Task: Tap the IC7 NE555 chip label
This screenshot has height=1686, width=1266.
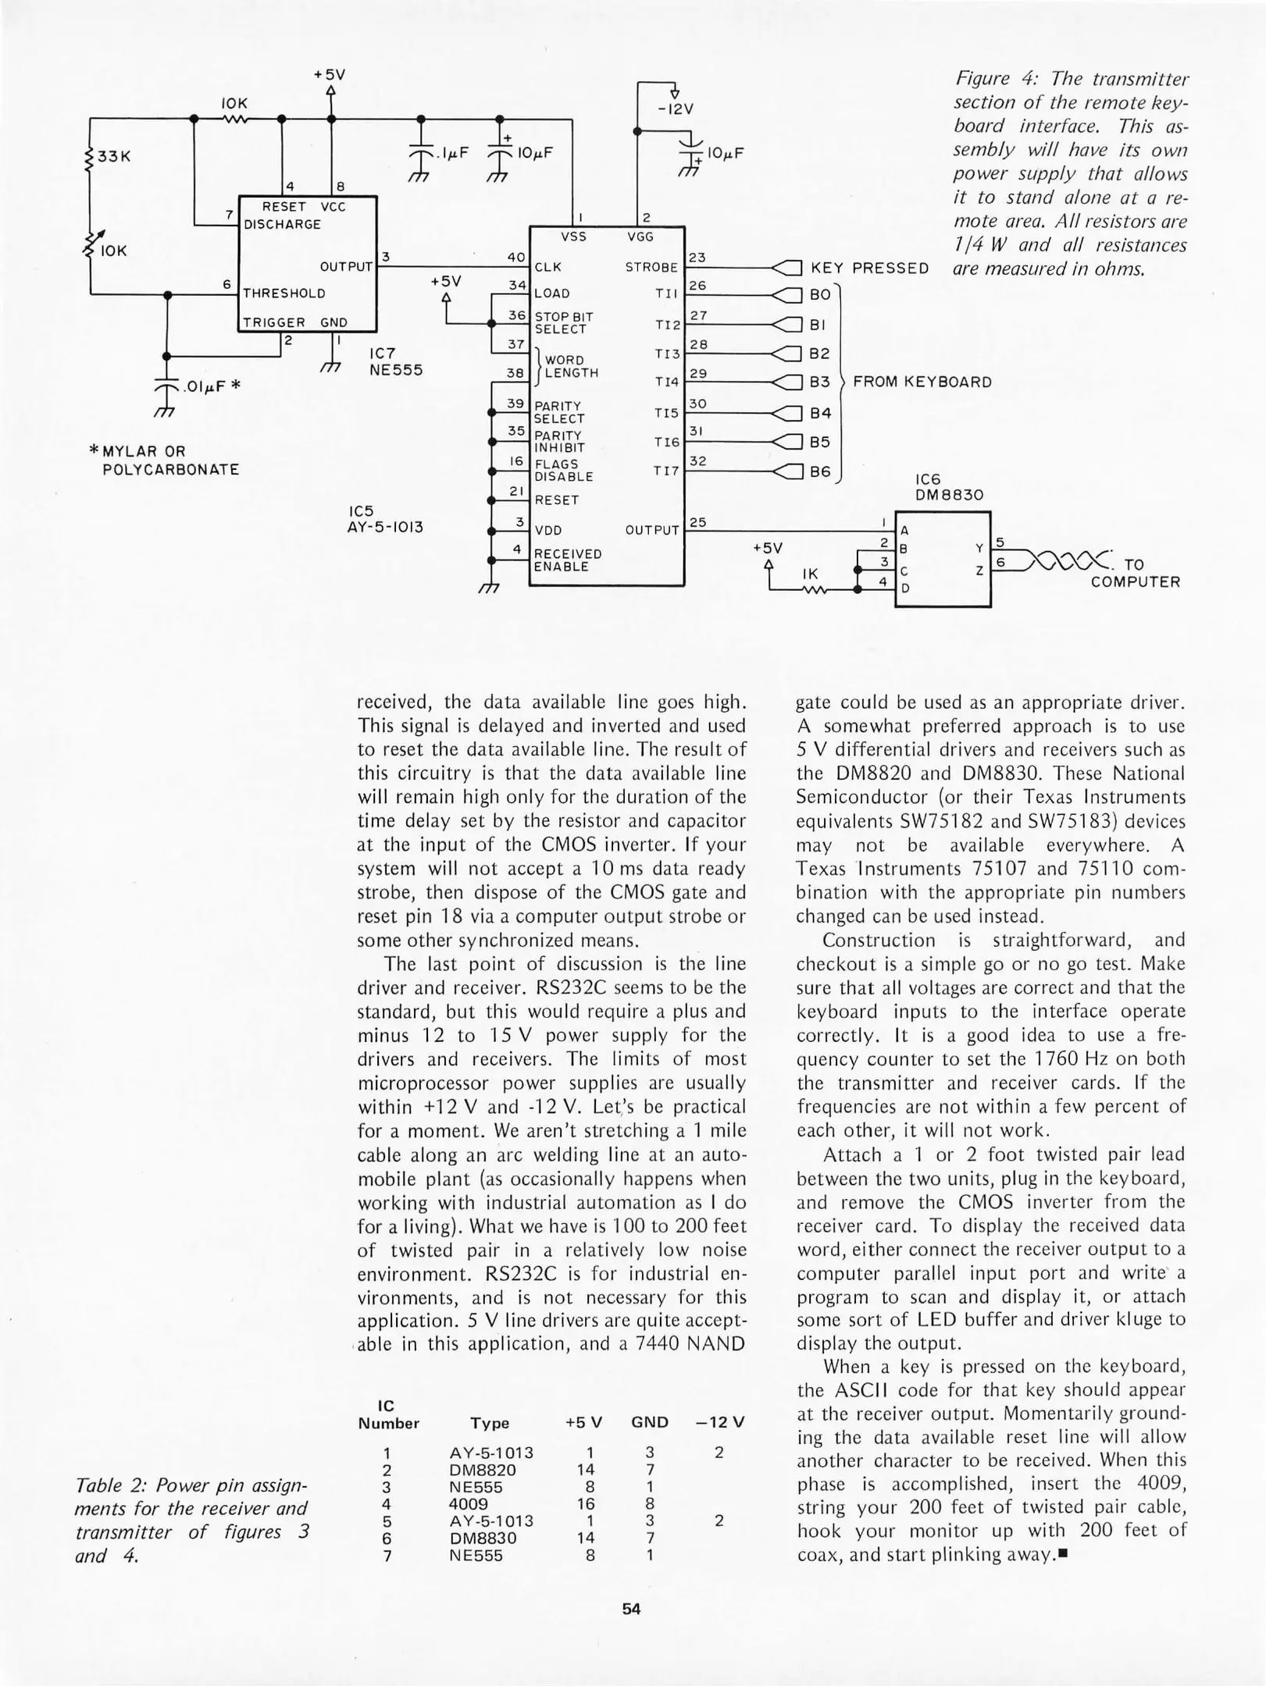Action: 395,361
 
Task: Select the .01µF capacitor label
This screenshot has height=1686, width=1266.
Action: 203,386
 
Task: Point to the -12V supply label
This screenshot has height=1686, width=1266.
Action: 676,109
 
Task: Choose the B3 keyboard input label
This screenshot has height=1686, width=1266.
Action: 819,382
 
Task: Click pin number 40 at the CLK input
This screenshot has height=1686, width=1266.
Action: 516,257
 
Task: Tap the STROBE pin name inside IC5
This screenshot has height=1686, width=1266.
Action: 651,268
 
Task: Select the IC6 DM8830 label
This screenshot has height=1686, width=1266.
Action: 949,487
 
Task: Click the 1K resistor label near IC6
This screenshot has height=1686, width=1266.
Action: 810,574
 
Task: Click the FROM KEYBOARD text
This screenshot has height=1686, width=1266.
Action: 922,382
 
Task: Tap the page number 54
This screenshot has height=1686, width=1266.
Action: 631,1609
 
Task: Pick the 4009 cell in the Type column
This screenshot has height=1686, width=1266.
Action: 469,1504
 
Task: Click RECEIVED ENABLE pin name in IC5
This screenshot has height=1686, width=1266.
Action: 567,560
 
